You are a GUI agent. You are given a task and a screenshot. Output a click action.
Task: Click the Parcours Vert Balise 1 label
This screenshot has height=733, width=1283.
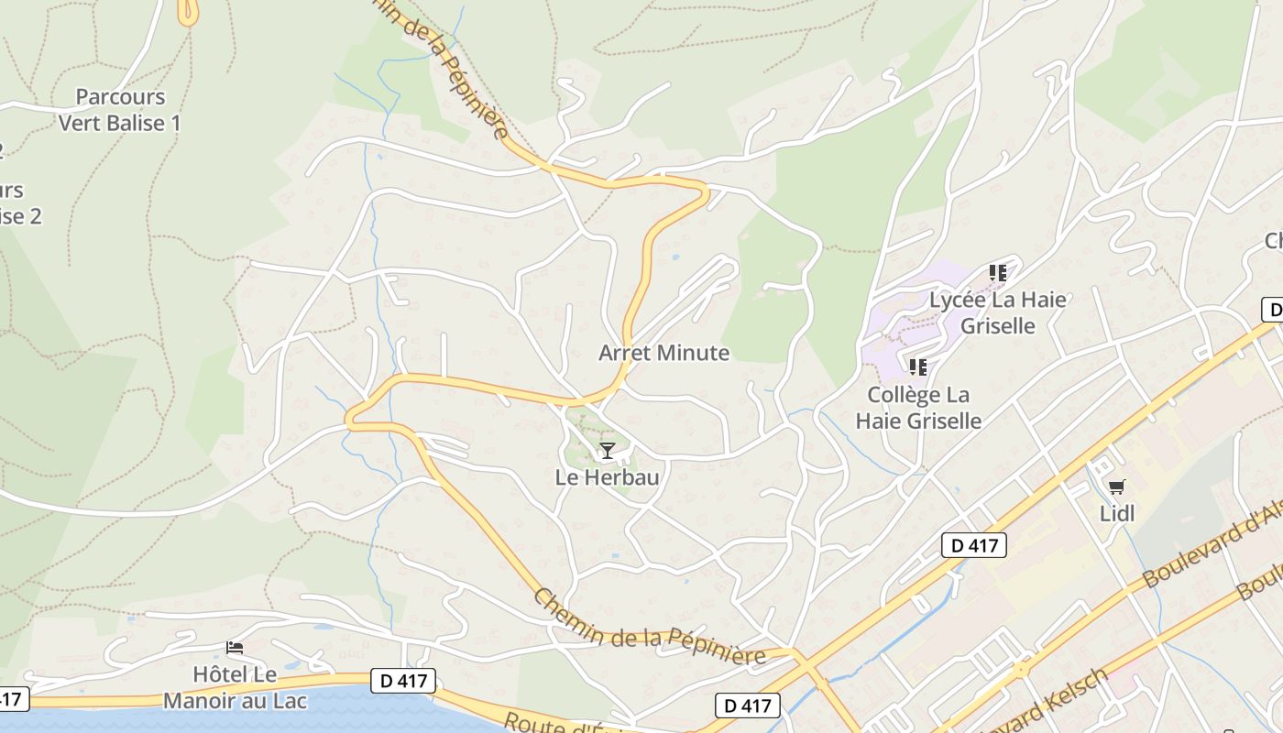pyautogui.click(x=119, y=110)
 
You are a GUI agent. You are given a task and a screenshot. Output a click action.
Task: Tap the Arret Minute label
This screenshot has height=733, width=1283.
pyautogui.click(x=664, y=353)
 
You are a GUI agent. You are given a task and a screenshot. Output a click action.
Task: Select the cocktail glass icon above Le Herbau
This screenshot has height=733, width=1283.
pyautogui.click(x=607, y=450)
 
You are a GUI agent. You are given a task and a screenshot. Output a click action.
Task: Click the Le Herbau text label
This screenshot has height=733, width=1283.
pyautogui.click(x=607, y=477)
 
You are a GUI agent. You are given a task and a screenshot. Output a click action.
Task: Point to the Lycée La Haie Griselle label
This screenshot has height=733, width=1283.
pyautogui.click(x=998, y=312)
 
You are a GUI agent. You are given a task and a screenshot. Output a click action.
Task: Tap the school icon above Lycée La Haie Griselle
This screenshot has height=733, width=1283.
pyautogui.click(x=998, y=273)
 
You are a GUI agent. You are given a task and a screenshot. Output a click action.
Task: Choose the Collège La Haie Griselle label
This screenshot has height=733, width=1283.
pyautogui.click(x=918, y=408)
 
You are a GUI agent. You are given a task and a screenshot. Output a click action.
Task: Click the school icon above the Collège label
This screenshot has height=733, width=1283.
pyautogui.click(x=918, y=367)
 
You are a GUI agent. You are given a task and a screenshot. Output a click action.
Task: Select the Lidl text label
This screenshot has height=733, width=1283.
pyautogui.click(x=1117, y=514)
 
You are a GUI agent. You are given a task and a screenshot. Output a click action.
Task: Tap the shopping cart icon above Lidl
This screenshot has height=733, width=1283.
pyautogui.click(x=1116, y=487)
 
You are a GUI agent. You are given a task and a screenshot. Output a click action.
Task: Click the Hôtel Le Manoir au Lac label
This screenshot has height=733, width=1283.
pyautogui.click(x=235, y=688)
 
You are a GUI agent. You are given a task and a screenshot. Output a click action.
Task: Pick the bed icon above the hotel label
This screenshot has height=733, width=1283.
pyautogui.click(x=235, y=648)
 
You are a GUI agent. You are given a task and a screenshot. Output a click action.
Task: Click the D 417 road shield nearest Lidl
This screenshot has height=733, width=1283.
pyautogui.click(x=974, y=546)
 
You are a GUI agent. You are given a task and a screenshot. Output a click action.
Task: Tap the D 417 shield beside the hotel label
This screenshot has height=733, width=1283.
pyautogui.click(x=403, y=681)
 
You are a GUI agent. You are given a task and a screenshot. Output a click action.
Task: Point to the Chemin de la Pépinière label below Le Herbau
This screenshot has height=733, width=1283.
pyautogui.click(x=649, y=629)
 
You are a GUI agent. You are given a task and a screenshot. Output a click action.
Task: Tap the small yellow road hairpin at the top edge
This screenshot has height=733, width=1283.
pyautogui.click(x=188, y=13)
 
